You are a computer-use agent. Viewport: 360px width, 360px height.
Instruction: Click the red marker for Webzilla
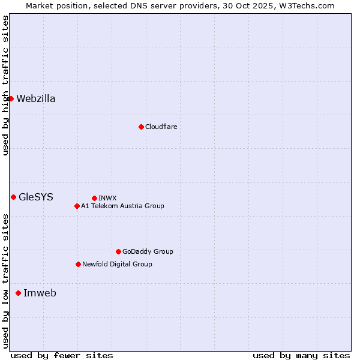click(11, 98)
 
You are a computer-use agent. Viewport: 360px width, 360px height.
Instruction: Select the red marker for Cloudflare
click(141, 127)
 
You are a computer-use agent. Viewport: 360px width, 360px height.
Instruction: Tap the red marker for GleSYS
click(13, 197)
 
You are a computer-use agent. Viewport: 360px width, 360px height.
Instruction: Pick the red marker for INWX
click(94, 198)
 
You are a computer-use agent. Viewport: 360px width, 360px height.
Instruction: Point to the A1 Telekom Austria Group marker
click(77, 206)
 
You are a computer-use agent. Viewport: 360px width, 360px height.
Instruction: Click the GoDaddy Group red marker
click(118, 251)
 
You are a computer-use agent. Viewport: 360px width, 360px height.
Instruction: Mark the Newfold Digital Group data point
click(78, 264)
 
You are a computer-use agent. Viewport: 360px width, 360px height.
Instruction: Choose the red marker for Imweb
click(18, 293)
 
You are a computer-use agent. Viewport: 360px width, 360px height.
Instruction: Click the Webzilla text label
click(36, 99)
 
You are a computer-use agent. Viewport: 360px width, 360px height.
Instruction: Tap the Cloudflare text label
click(161, 127)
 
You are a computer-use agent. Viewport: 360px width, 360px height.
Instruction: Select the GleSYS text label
click(36, 197)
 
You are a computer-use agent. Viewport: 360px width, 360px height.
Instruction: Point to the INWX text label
click(107, 198)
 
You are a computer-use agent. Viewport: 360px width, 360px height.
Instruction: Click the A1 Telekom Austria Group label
click(122, 206)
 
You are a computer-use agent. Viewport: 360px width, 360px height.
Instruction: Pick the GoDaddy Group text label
click(148, 251)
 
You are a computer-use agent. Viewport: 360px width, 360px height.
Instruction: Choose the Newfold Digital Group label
click(117, 264)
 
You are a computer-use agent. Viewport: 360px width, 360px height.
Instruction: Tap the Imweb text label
click(40, 293)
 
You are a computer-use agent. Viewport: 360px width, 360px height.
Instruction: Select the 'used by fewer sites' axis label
click(62, 355)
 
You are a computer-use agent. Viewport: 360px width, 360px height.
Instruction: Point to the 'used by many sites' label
click(301, 355)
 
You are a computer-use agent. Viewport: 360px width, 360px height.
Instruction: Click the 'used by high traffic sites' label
click(5, 85)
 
